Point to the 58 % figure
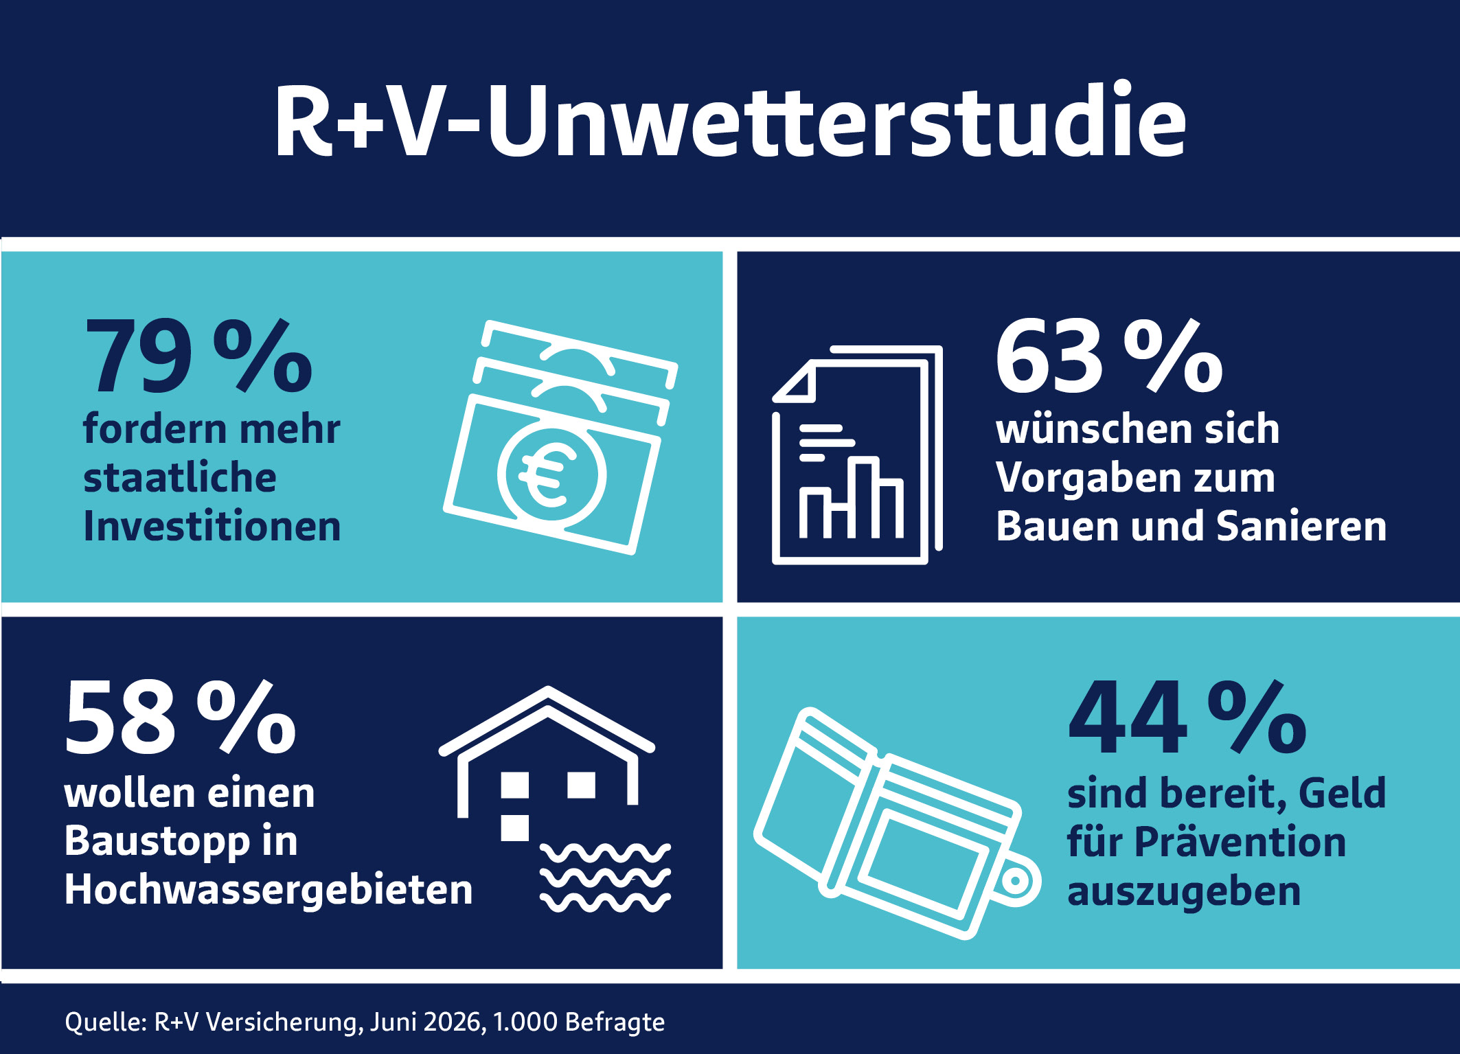[x=181, y=718]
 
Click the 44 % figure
[x=1187, y=718]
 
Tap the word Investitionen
[x=212, y=526]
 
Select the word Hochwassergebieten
[x=269, y=891]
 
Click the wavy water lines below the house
[x=605, y=878]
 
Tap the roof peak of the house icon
[x=547, y=689]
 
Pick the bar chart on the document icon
[x=851, y=496]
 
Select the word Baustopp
[x=157, y=842]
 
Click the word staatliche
[x=180, y=477]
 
